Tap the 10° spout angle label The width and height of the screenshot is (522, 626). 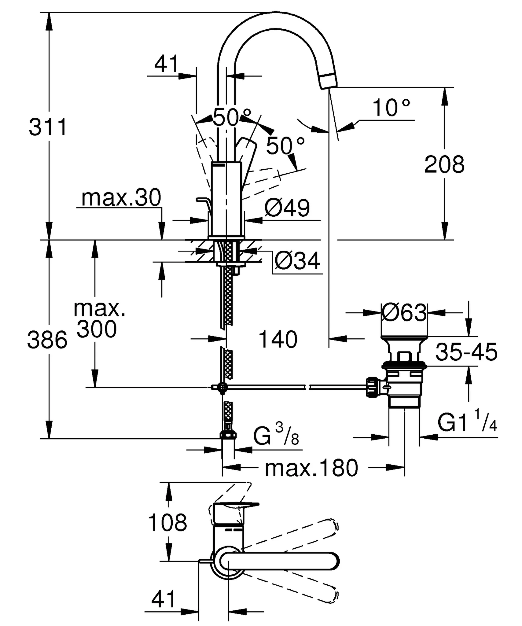coord(391,108)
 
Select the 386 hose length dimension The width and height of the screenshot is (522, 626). coord(47,340)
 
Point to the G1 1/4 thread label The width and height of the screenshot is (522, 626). coord(468,423)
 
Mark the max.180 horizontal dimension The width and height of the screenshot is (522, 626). coord(311,468)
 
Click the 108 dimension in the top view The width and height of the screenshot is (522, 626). coord(167,522)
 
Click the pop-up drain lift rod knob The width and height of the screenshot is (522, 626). coord(202,200)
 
